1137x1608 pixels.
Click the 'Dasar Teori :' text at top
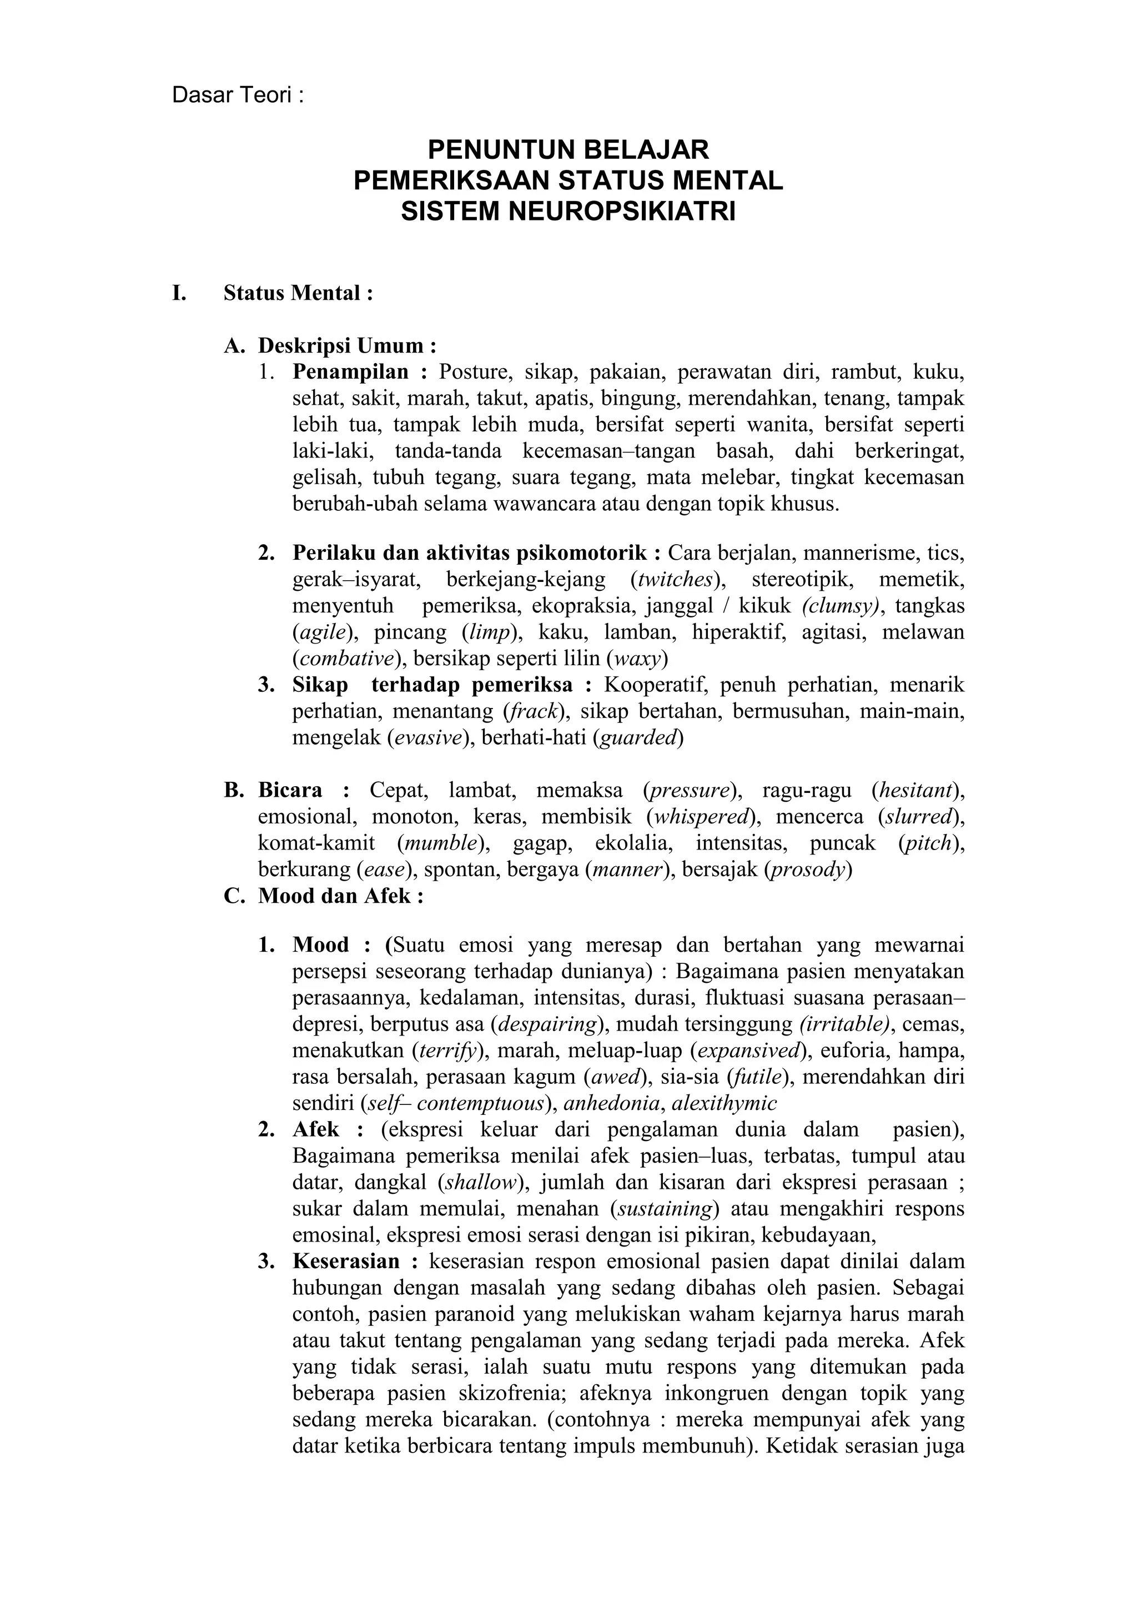[x=238, y=96]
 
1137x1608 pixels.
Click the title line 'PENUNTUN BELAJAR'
[x=568, y=149]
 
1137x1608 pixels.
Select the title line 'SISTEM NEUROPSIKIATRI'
[x=568, y=211]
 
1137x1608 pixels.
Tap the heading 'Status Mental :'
[x=298, y=293]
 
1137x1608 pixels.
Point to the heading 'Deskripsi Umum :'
[x=347, y=345]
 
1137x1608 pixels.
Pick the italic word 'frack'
[x=534, y=712]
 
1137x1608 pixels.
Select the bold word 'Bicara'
[x=290, y=791]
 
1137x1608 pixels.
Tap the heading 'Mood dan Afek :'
[x=340, y=896]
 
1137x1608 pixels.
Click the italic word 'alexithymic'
[x=724, y=1104]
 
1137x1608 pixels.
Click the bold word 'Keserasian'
[x=346, y=1262]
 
